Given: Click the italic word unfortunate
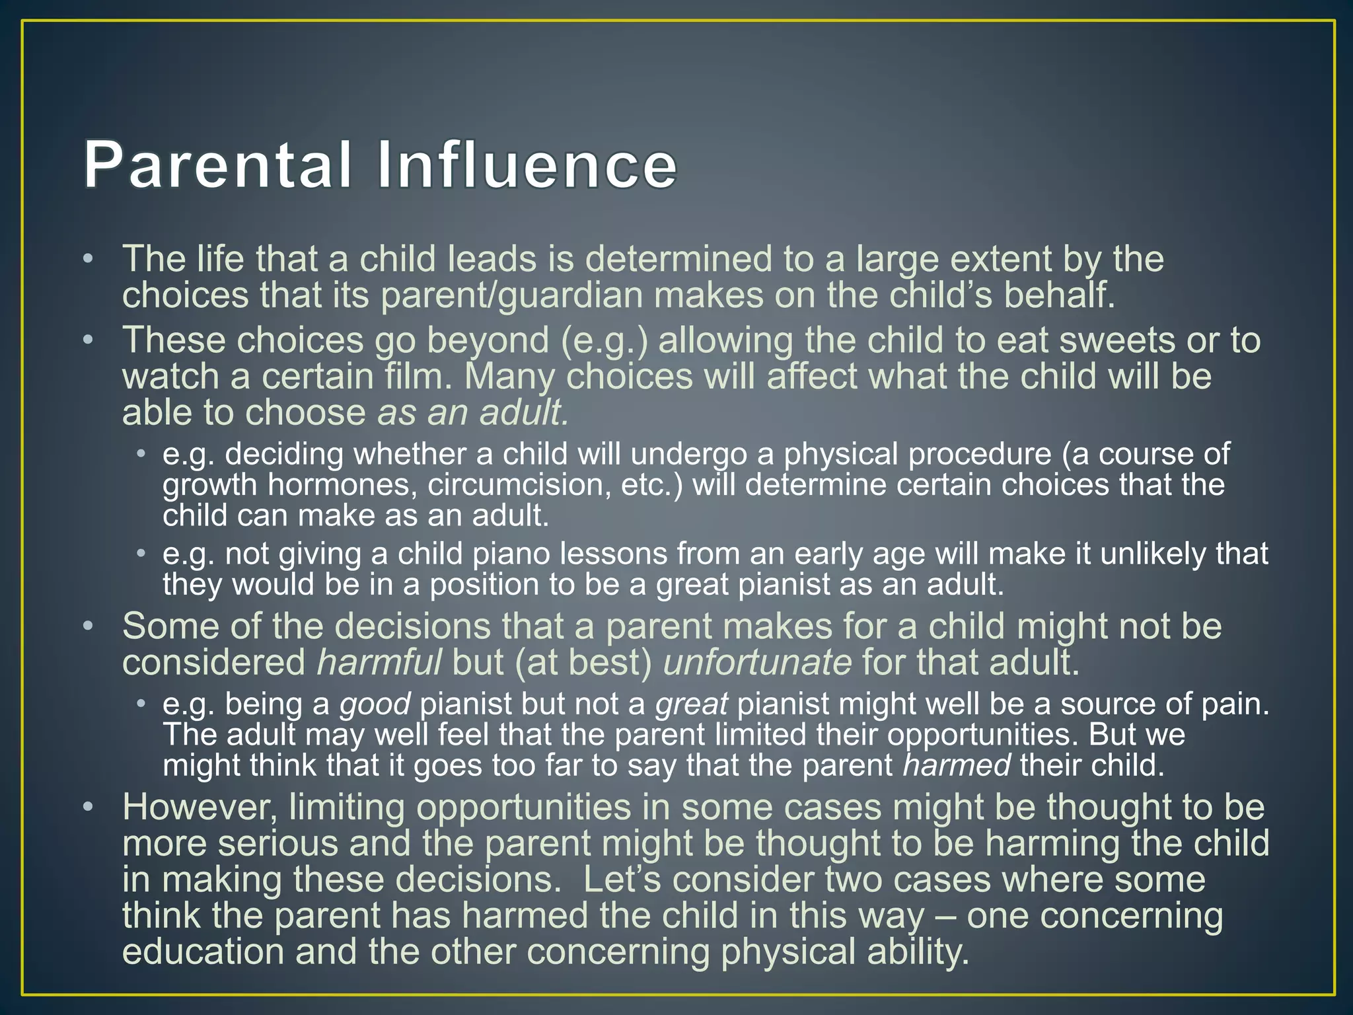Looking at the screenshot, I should [x=757, y=662].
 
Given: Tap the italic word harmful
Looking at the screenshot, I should [x=379, y=662].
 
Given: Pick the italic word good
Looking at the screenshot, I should [x=375, y=704].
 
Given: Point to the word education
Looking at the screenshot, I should [x=203, y=952].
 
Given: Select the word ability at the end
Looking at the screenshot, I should [x=918, y=952].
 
